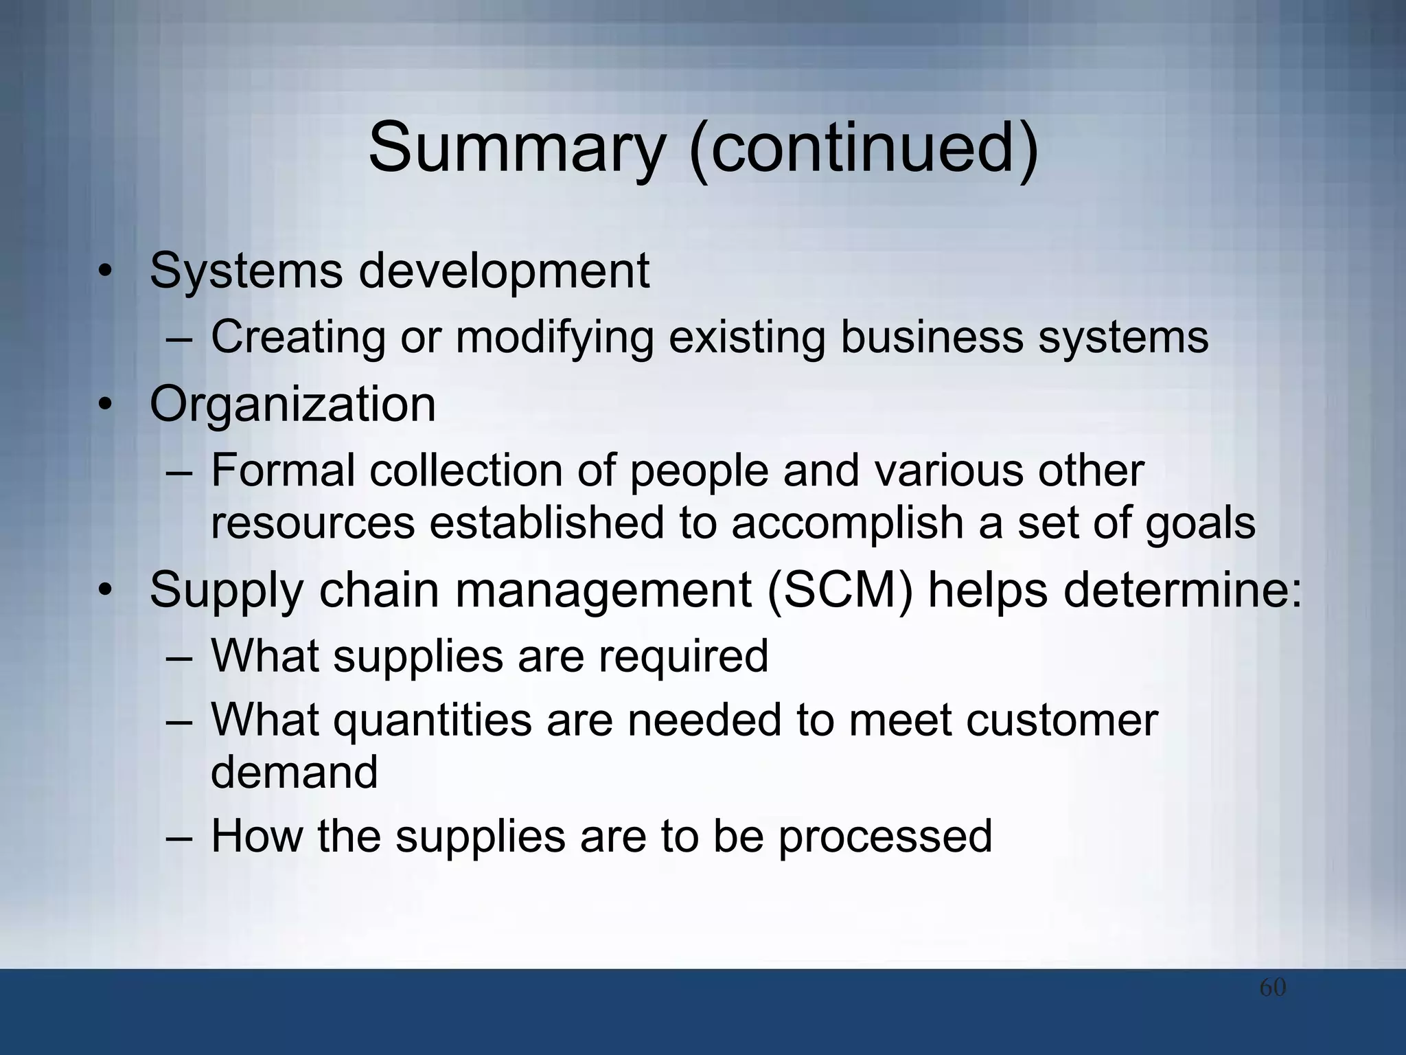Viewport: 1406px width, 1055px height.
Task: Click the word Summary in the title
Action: (516, 148)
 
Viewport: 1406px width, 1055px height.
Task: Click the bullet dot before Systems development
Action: (104, 272)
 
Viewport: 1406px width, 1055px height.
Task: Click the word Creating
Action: (298, 337)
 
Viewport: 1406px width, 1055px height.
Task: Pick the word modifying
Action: (554, 337)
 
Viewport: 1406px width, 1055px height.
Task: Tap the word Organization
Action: (292, 405)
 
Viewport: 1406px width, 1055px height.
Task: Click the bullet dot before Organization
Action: (104, 405)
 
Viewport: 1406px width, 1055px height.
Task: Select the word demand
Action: (294, 772)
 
